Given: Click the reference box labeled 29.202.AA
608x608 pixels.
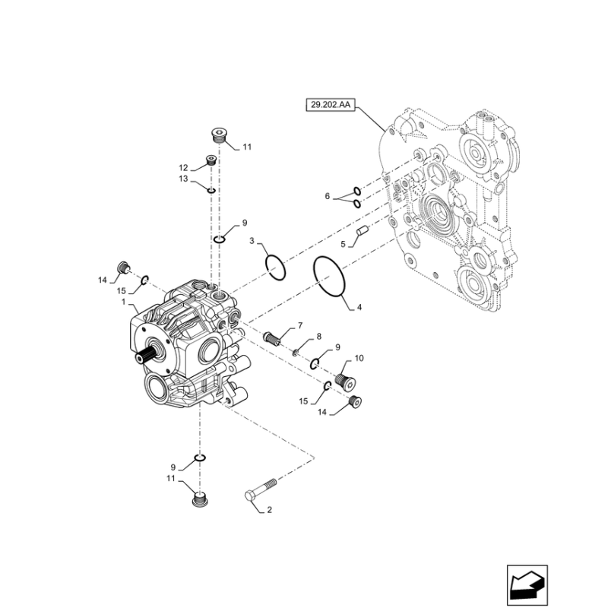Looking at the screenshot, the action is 331,105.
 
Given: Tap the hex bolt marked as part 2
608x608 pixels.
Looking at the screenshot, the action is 261,489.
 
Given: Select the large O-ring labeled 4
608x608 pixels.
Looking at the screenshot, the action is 330,277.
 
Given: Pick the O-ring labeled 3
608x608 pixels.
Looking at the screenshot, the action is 276,268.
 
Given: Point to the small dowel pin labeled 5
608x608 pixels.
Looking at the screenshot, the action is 363,232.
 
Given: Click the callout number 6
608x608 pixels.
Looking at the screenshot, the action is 328,197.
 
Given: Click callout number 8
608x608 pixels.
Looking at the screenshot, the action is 318,337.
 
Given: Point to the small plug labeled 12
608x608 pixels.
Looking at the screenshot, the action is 211,160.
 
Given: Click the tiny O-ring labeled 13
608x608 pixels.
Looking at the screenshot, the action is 211,191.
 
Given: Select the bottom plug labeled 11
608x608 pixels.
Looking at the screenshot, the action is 200,499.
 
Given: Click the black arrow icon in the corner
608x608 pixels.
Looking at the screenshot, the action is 527,585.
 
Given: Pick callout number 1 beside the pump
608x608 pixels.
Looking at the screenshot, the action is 124,302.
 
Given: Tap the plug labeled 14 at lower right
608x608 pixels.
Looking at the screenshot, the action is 355,402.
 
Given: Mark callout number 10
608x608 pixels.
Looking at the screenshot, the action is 359,358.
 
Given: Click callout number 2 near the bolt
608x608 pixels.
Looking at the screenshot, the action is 270,510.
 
